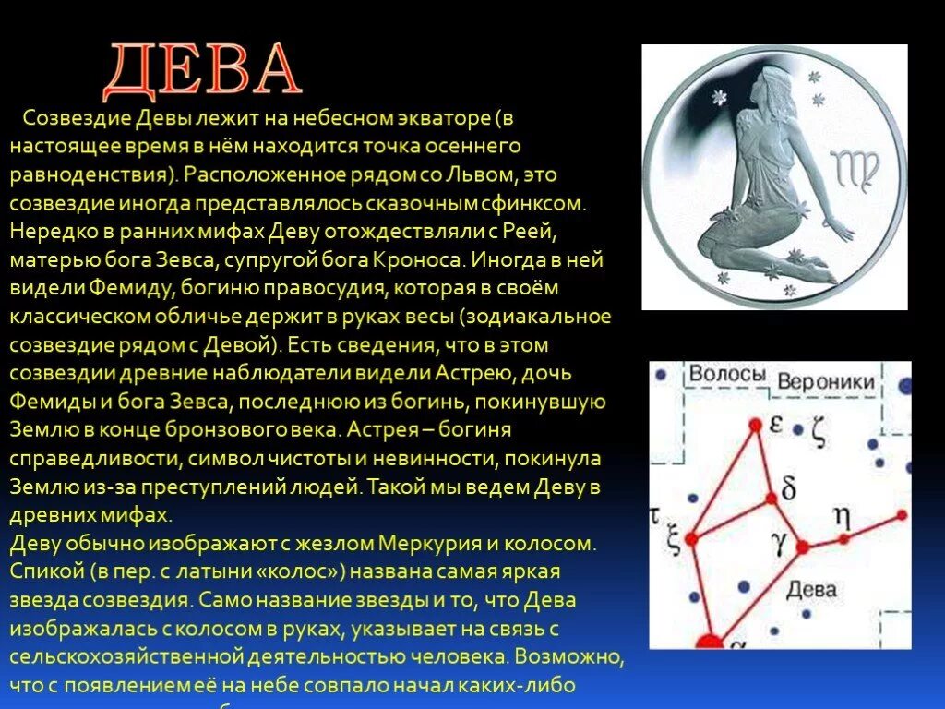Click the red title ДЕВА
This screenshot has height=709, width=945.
(x=202, y=70)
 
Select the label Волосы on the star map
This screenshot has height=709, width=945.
(x=727, y=374)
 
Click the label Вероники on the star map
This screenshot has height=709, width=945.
(x=825, y=381)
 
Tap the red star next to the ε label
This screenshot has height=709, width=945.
(x=754, y=425)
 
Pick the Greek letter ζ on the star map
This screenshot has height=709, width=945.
(x=819, y=431)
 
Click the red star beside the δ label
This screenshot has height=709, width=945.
(x=769, y=499)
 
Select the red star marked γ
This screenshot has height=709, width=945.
(x=802, y=547)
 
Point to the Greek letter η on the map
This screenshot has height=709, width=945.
(x=842, y=516)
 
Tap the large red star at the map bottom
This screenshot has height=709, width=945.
(x=709, y=642)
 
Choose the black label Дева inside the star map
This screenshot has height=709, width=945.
(x=812, y=589)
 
